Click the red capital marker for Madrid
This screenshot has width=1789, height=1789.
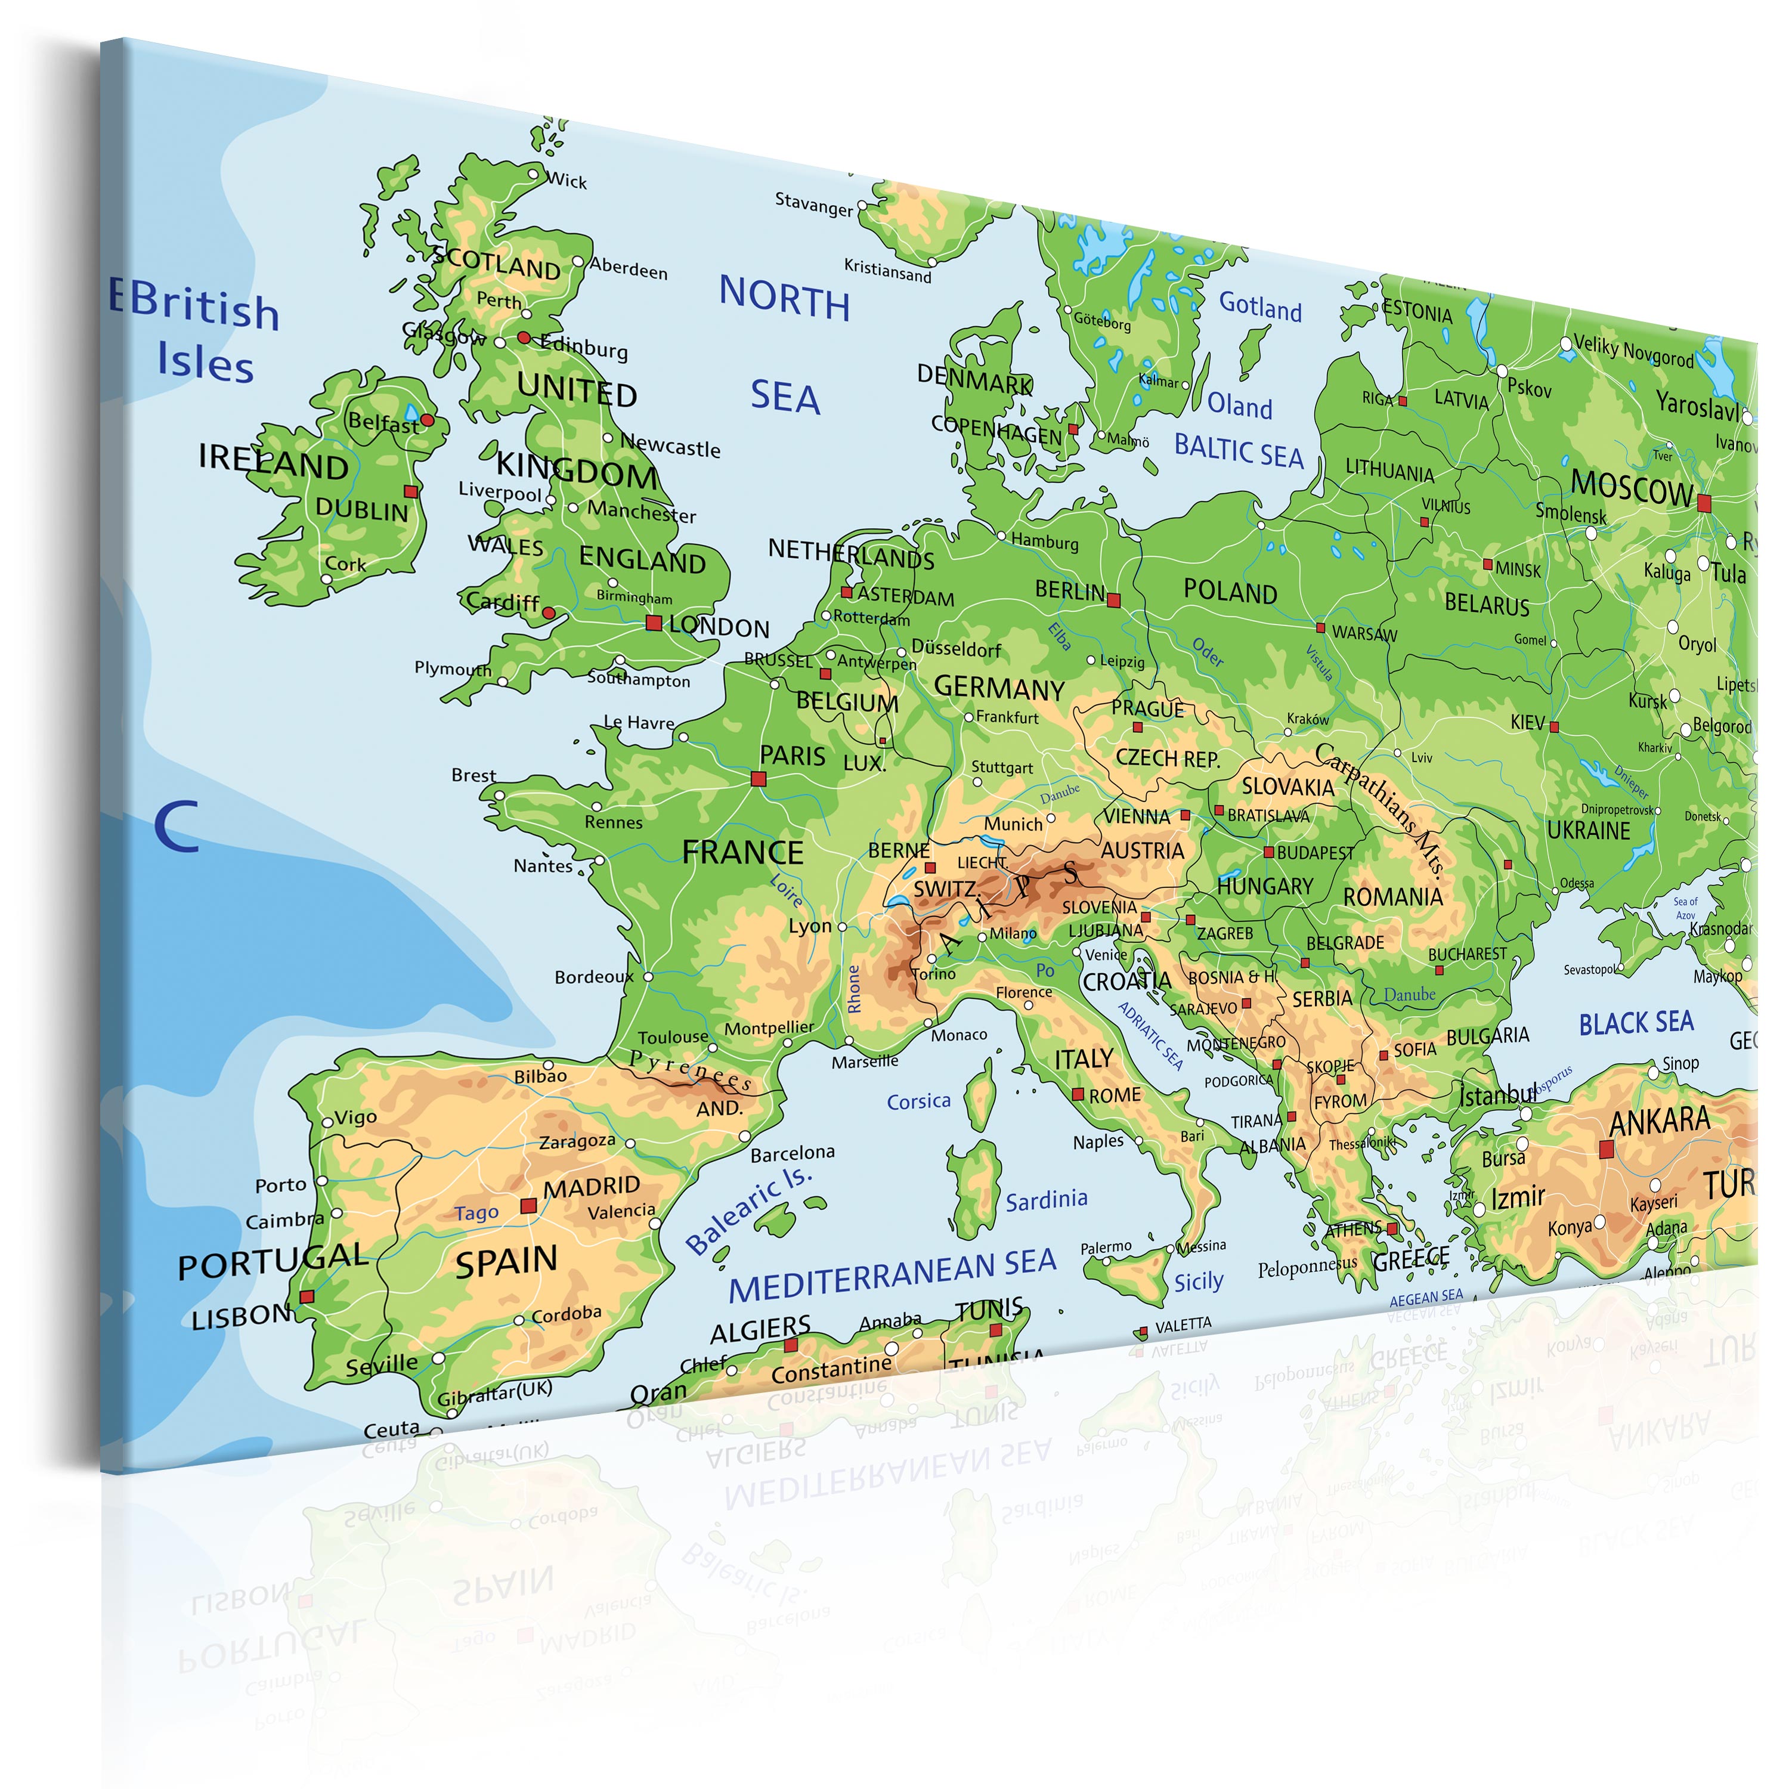coord(529,1206)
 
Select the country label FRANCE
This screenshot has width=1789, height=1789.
coord(742,852)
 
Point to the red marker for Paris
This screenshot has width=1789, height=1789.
coord(759,779)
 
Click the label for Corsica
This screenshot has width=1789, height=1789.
coord(918,1101)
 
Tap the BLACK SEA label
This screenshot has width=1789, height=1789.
coord(1636,1023)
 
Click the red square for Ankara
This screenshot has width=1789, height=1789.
coord(1607,1149)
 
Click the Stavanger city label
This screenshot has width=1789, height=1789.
coord(814,204)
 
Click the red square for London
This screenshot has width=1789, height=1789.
coord(654,623)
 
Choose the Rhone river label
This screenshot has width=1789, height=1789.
coord(854,988)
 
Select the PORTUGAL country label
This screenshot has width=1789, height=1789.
coord(273,1261)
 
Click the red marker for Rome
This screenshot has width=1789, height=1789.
coord(1078,1094)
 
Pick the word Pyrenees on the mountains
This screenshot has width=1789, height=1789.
coord(691,1069)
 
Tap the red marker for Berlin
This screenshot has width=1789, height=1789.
coord(1114,600)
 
